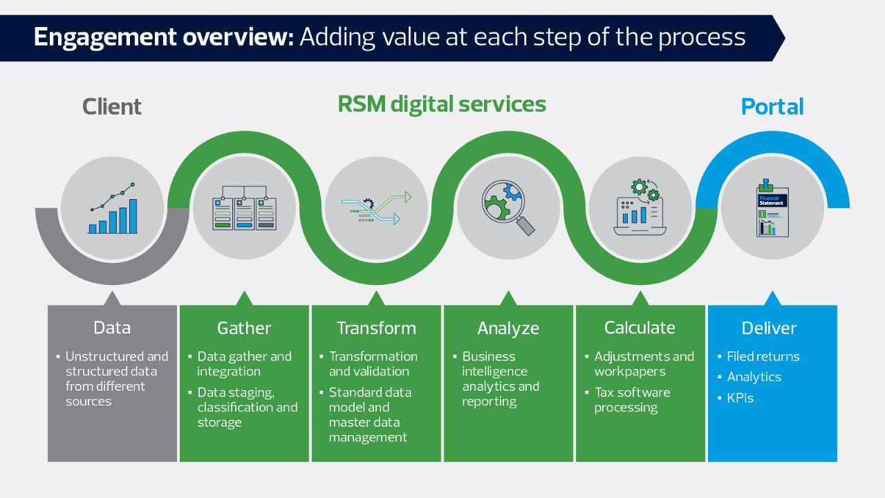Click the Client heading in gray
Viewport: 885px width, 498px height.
pos(112,107)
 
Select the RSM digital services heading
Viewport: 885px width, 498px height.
pos(442,104)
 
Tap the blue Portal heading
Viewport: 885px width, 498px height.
pos(772,107)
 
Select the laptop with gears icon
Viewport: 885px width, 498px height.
pos(640,207)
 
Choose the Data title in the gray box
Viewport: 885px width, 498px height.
pos(112,328)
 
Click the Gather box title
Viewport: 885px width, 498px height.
pos(244,328)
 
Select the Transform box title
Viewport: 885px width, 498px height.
pos(376,328)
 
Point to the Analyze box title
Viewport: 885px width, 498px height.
pos(508,328)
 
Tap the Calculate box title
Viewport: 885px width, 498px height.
pos(640,327)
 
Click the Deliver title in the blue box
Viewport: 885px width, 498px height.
pos(769,328)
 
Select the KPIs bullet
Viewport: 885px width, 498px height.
pos(740,398)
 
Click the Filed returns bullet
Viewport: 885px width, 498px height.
pos(763,357)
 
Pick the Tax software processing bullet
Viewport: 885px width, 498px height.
pos(632,400)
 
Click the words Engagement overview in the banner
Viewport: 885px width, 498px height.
pos(164,37)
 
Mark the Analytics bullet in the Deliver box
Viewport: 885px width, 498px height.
pos(754,377)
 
